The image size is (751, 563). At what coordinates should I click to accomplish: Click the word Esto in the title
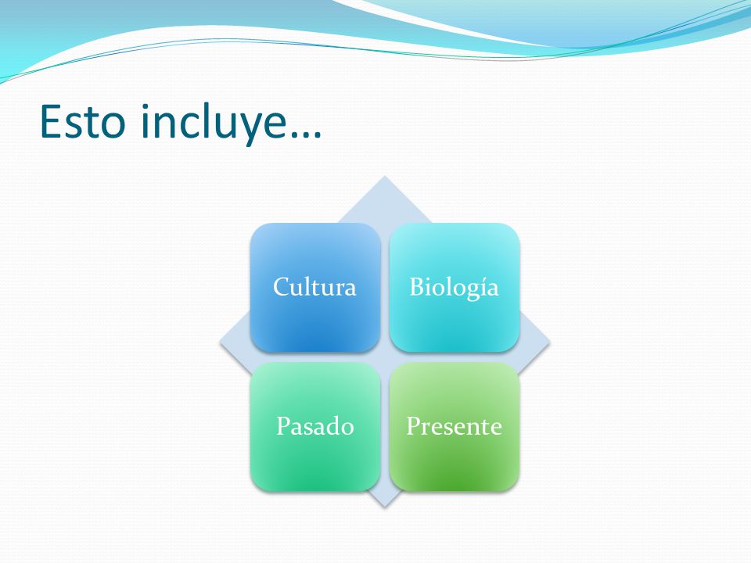[82, 122]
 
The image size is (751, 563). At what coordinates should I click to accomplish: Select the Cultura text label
[314, 287]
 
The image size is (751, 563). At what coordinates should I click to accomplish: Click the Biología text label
[454, 288]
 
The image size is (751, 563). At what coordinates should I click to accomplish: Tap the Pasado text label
[315, 425]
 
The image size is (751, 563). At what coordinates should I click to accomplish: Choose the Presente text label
[454, 425]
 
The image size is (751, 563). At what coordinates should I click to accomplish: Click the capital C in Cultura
[282, 287]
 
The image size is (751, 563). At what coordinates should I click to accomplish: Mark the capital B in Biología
[417, 287]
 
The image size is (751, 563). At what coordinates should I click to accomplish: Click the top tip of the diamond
[384, 176]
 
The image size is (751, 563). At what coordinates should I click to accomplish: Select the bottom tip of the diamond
[384, 507]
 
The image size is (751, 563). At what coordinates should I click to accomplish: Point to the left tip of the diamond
[220, 342]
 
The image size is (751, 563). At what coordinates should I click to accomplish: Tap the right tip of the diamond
[549, 342]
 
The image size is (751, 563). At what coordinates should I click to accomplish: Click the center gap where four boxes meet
[385, 357]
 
